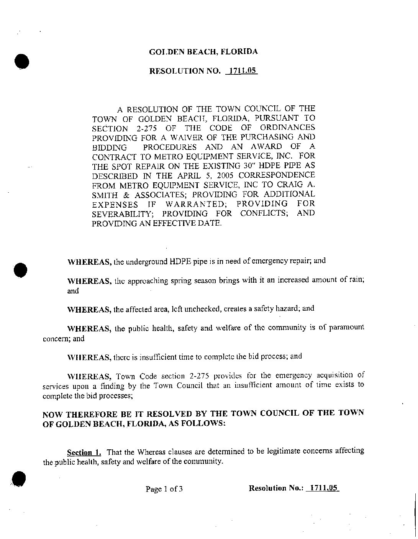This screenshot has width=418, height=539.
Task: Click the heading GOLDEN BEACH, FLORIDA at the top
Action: (203, 52)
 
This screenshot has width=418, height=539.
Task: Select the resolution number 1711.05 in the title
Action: (242, 71)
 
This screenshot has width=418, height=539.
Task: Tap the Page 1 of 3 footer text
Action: (164, 489)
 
